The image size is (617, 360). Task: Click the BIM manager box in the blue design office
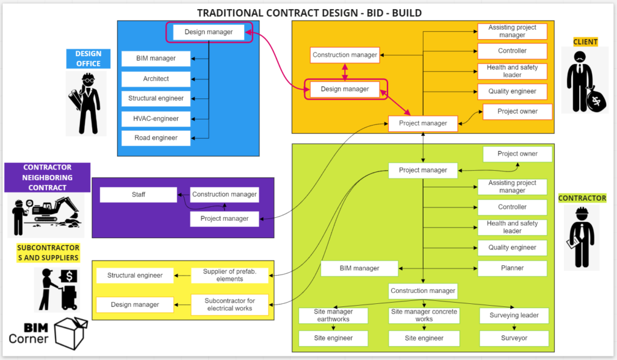pos(155,58)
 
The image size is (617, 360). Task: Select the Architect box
pos(155,78)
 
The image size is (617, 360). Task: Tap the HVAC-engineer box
pos(155,118)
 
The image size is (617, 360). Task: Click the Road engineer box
pos(155,137)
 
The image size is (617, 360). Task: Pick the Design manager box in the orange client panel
pos(345,89)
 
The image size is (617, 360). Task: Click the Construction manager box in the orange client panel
pos(345,55)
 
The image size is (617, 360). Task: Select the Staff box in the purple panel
pos(138,195)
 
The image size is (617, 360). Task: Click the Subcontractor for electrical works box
pos(230,305)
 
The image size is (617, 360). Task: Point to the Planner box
pos(512,268)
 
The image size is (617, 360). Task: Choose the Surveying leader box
pos(514,315)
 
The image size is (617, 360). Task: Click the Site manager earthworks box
pos(333,315)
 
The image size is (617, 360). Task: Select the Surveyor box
pos(514,338)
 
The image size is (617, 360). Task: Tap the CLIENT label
pos(585,42)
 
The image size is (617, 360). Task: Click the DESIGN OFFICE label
pos(89,58)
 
